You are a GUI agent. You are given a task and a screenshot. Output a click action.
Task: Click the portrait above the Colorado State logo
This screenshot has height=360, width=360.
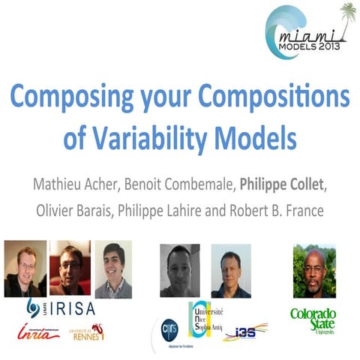click(x=313, y=271)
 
